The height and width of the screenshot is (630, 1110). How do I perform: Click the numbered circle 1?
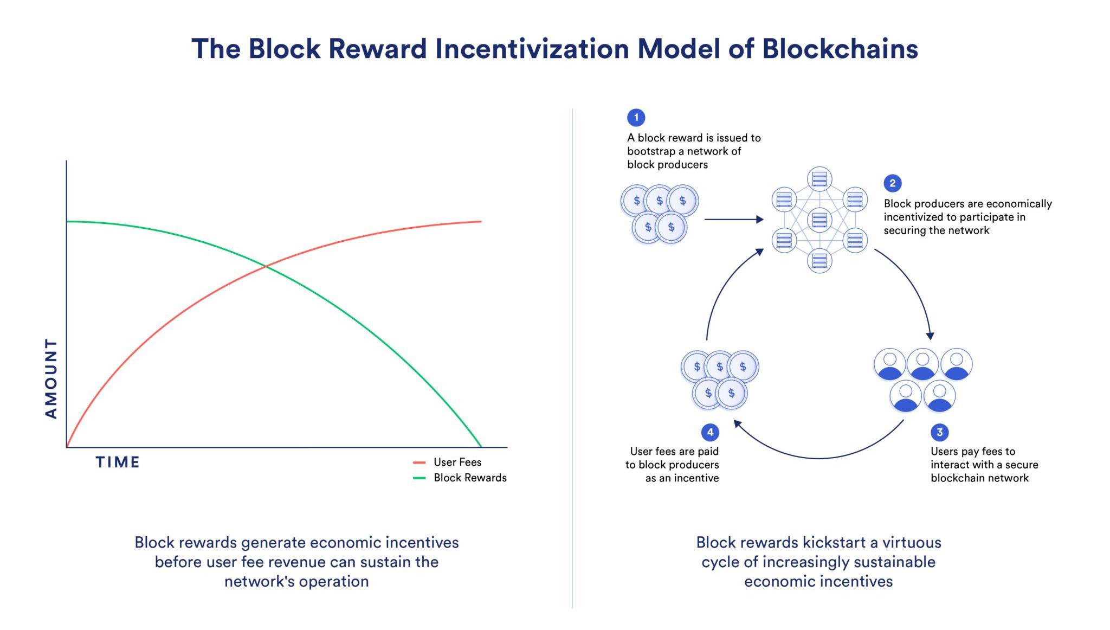pos(636,117)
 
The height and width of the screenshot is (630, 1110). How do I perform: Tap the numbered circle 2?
pos(892,183)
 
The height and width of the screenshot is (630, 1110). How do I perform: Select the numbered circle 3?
pos(939,432)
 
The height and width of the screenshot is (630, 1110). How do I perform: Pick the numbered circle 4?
pos(710,432)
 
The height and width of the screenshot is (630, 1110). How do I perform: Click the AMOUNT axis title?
pos(51,378)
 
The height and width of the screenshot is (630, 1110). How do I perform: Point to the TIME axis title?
pos(118,462)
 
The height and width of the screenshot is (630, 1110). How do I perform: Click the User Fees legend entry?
pos(457,462)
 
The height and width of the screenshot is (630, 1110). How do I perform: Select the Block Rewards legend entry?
pos(469,478)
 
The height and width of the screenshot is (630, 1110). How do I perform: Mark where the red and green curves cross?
pos(266,266)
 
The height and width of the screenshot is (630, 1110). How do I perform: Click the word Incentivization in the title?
pos(532,49)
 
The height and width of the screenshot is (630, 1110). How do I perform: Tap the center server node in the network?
pos(819,220)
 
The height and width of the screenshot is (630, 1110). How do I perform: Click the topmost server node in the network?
pos(819,178)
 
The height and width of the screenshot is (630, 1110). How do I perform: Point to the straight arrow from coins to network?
pos(733,220)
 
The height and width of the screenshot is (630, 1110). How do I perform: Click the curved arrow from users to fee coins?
pos(818,458)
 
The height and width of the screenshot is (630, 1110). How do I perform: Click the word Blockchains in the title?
pos(840,49)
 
